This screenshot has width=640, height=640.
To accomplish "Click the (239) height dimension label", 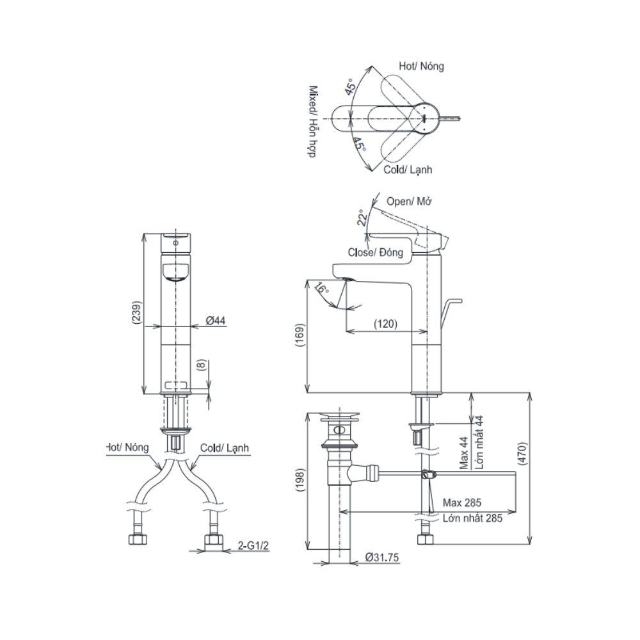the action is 138,313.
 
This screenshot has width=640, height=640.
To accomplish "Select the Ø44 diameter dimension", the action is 216,321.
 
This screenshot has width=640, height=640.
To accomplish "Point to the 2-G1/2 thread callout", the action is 253,545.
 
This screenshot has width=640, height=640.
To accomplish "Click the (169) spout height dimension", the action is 300,335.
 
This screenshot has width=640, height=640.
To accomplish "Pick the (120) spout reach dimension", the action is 385,324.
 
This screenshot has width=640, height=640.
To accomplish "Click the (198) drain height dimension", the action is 300,480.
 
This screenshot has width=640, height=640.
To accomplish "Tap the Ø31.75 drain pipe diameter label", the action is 382,557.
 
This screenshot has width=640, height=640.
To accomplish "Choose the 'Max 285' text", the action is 461,502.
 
